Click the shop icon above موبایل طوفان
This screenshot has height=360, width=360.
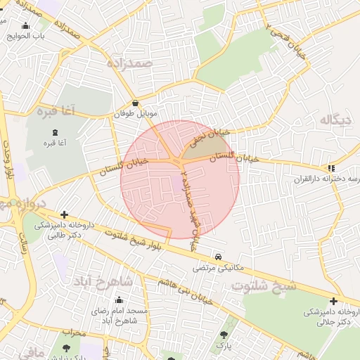pos(134,103)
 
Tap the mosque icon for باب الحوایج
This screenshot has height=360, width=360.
pos(26,26)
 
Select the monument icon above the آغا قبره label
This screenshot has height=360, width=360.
pos(54,134)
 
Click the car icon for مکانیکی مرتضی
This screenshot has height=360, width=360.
pos(219,257)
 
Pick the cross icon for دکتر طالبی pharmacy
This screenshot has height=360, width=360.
pos(64,215)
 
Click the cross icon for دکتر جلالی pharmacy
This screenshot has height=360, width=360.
pos(333,302)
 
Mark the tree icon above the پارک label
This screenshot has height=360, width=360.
pos(224,336)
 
